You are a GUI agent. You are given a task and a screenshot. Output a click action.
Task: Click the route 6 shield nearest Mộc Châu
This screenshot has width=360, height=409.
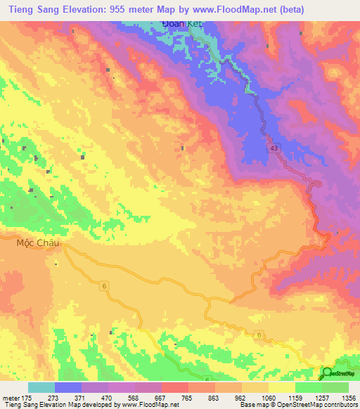(103, 284)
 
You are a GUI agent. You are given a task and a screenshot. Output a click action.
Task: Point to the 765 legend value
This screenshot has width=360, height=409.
(188, 396)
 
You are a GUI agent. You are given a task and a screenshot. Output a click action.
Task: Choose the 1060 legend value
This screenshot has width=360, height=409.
(269, 396)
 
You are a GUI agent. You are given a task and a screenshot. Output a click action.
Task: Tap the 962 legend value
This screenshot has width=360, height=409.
(242, 396)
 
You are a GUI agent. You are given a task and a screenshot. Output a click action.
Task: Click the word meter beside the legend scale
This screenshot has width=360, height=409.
(10, 396)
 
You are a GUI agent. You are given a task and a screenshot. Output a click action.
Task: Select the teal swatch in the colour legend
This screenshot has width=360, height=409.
(41, 387)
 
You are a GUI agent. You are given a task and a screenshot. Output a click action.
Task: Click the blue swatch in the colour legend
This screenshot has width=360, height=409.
(68, 387)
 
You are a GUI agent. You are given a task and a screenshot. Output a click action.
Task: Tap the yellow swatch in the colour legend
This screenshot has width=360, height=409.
(282, 387)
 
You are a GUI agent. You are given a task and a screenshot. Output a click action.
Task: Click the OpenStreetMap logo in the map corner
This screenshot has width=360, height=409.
(339, 373)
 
